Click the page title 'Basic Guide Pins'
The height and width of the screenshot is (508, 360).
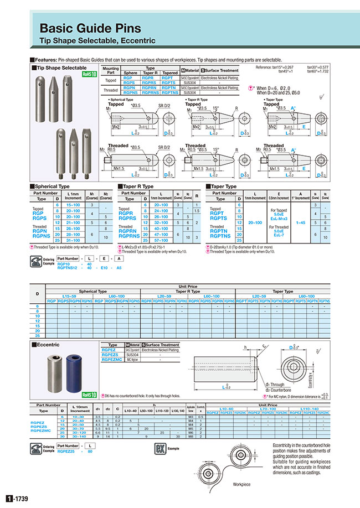pyautogui.click(x=90, y=29)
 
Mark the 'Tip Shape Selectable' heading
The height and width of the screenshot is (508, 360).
pyautogui.click(x=61, y=67)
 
